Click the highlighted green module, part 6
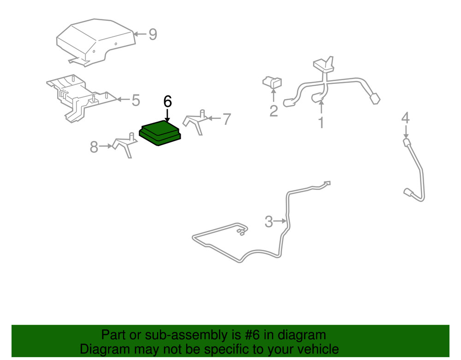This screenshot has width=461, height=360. point(160,133)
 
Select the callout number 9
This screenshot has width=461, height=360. point(153,35)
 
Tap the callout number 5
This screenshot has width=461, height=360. point(136,100)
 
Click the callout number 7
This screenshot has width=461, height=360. point(226,119)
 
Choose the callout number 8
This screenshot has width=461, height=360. point(94,147)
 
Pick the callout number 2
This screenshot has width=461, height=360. point(273,111)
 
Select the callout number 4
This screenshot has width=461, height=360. point(405,118)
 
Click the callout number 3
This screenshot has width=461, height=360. point(269,222)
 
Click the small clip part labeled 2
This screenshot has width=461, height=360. point(272,83)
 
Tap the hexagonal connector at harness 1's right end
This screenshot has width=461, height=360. point(375,99)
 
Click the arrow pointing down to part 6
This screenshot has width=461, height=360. point(167,115)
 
